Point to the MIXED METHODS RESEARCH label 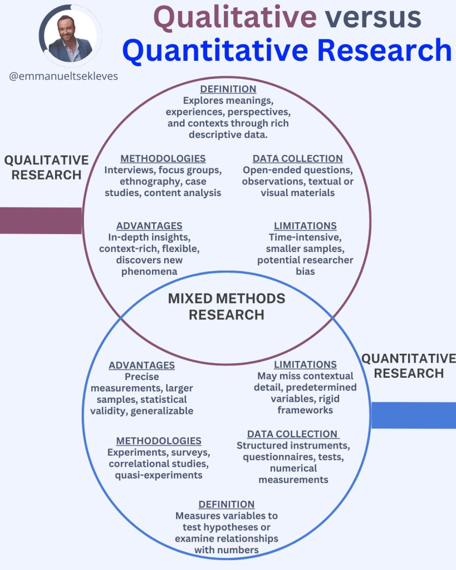pyautogui.click(x=227, y=306)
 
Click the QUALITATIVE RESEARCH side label pyautogui.click(x=46, y=167)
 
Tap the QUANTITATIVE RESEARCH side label pyautogui.click(x=409, y=366)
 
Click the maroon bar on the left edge pyautogui.click(x=41, y=220)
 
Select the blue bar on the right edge pyautogui.click(x=414, y=415)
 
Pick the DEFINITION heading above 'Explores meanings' pyautogui.click(x=228, y=89)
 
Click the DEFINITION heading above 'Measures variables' pyautogui.click(x=227, y=504)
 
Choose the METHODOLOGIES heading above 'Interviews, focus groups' pyautogui.click(x=163, y=158)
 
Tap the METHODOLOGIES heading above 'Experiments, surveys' pyautogui.click(x=159, y=441)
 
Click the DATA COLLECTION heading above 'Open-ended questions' pyautogui.click(x=298, y=158)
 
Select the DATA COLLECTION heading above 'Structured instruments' pyautogui.click(x=293, y=434)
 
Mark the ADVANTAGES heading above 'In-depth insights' pyautogui.click(x=149, y=226)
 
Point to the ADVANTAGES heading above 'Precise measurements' pyautogui.click(x=142, y=365)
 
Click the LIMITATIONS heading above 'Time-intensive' pyautogui.click(x=305, y=226)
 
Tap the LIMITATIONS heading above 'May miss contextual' pyautogui.click(x=305, y=364)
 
